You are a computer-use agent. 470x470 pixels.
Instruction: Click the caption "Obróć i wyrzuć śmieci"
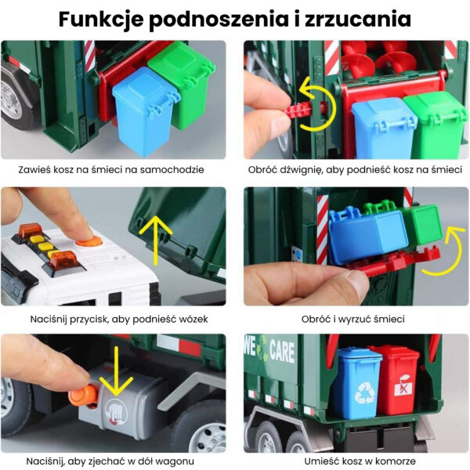(x=354, y=319)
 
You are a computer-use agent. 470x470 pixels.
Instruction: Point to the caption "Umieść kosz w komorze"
(x=354, y=461)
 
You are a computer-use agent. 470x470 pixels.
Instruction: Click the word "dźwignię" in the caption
(x=314, y=168)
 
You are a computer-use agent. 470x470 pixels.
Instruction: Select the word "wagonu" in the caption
(x=176, y=461)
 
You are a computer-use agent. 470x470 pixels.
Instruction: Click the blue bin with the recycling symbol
(x=357, y=383)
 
